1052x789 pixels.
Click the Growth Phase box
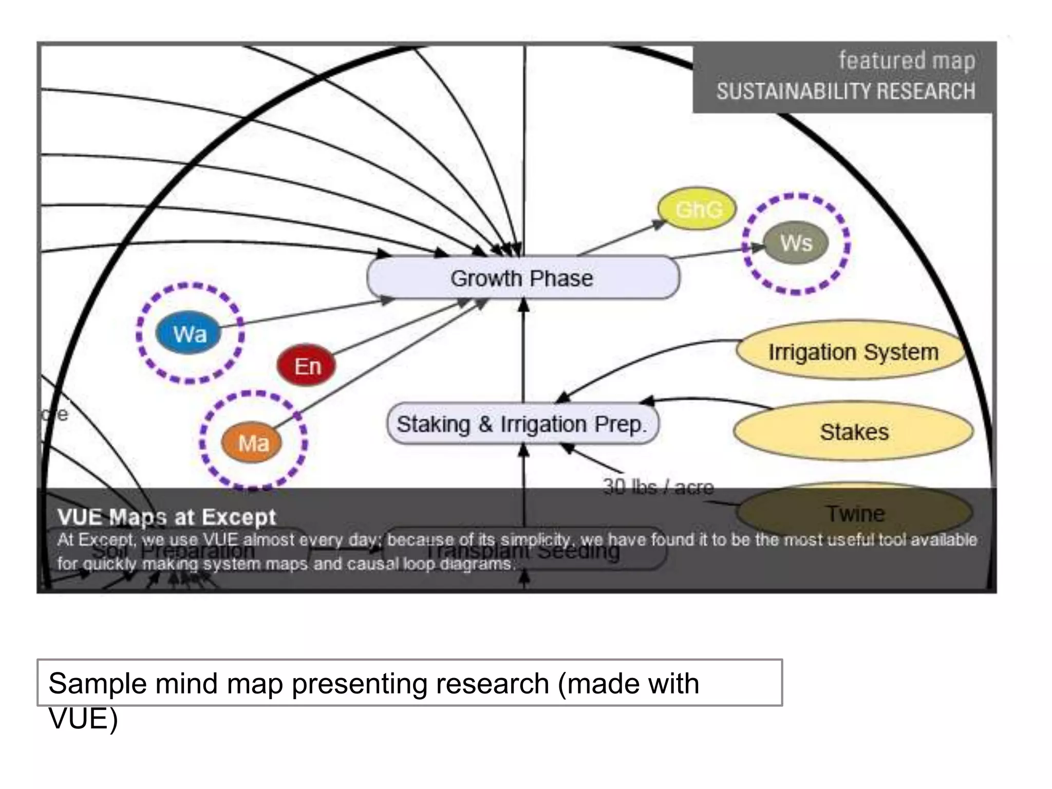click(523, 278)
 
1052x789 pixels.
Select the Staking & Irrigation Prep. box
click(522, 424)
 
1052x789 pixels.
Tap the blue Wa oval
click(189, 334)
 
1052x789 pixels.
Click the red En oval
click(307, 366)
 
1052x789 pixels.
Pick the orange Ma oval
click(252, 442)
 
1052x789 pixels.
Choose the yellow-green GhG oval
click(697, 209)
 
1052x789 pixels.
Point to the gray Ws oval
click(796, 243)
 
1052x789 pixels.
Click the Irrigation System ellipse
click(853, 352)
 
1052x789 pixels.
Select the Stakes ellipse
click(853, 431)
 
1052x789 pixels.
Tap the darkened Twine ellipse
click(854, 513)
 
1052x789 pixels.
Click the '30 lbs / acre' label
click(658, 486)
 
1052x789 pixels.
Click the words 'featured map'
click(907, 61)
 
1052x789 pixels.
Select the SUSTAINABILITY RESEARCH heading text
click(846, 91)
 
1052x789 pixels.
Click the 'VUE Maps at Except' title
click(166, 517)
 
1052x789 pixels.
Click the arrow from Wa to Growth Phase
click(308, 313)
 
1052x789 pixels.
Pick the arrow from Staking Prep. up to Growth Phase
click(523, 354)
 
